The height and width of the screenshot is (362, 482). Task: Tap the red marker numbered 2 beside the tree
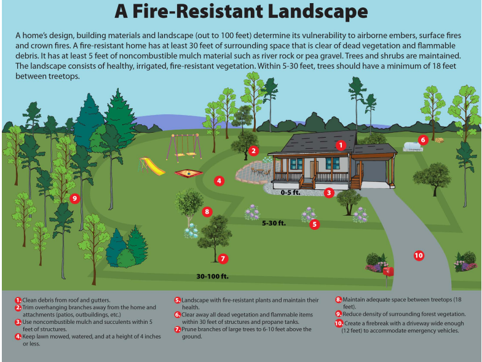[x=253, y=150]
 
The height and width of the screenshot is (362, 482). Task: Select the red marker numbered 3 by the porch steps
[x=329, y=192]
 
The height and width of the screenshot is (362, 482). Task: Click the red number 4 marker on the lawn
[x=219, y=181]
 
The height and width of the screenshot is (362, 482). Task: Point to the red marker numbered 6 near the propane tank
[x=422, y=140]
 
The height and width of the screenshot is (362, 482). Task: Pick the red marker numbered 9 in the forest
[x=74, y=198]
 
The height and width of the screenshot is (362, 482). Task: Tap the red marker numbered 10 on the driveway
[x=419, y=255]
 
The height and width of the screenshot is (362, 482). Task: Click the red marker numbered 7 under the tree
[x=223, y=259]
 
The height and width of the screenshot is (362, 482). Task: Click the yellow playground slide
[x=150, y=165]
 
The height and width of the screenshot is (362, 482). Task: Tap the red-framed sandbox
[x=189, y=173]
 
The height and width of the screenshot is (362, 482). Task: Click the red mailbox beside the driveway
[x=387, y=270]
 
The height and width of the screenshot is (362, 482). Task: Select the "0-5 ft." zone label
[x=291, y=193]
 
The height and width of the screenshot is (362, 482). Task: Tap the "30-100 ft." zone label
[x=212, y=276]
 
